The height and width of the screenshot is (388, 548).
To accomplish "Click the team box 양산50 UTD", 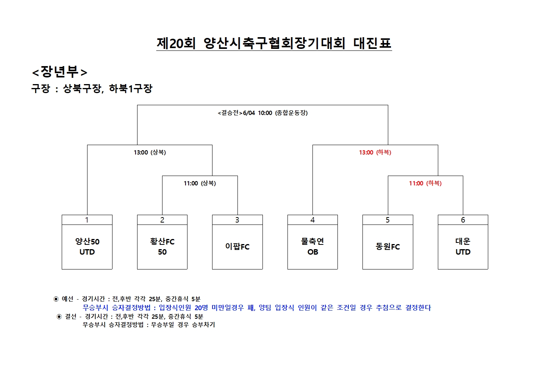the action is point(87,246).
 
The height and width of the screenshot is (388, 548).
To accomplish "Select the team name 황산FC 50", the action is point(162,246).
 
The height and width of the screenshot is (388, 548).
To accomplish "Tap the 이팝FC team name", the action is point(237,246).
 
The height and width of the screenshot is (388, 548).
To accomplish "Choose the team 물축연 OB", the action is point(312,246).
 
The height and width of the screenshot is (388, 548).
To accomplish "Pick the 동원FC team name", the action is point(387,246).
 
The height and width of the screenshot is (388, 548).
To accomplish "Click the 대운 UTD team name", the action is point(463,246).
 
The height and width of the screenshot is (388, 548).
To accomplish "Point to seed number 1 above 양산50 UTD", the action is point(87,220).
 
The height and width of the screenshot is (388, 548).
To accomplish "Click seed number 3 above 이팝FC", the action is point(237,220).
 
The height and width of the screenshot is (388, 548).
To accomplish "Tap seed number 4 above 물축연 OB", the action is point(312,220).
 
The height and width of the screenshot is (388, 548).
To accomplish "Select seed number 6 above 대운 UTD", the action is point(463,220).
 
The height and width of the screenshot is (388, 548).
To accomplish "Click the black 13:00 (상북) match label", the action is point(150,153).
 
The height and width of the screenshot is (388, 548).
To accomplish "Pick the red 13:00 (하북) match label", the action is point(375,153).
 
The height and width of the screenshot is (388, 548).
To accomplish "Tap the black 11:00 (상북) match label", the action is point(200,183).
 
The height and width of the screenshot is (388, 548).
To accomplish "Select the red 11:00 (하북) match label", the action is point(425,183).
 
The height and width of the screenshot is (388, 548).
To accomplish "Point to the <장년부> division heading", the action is point(60,72).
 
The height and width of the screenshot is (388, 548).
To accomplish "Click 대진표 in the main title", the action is point(372,43).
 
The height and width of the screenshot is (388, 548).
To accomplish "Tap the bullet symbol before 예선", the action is point(56,299).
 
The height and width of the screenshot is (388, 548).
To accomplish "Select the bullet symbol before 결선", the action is point(59,317).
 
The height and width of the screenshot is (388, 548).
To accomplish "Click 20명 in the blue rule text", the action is point(201,308).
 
